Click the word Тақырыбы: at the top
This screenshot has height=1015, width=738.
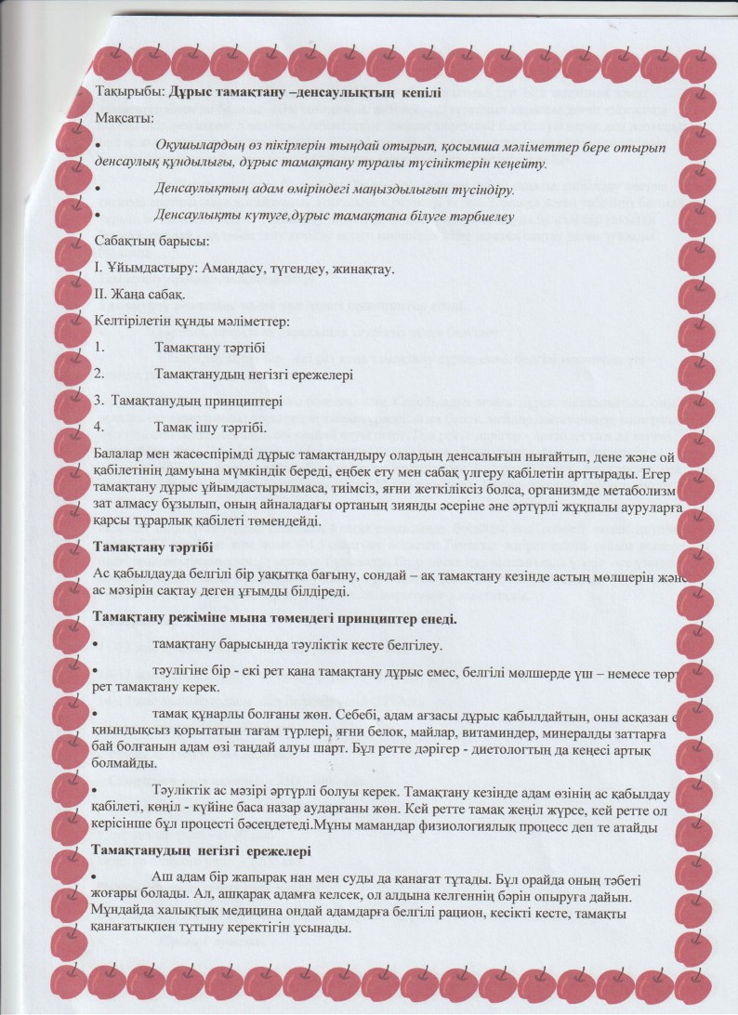click(129, 93)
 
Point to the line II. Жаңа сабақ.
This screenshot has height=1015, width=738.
click(140, 297)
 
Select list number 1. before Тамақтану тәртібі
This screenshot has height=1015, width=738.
click(99, 349)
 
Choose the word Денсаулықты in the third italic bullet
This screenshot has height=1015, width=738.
click(199, 216)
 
